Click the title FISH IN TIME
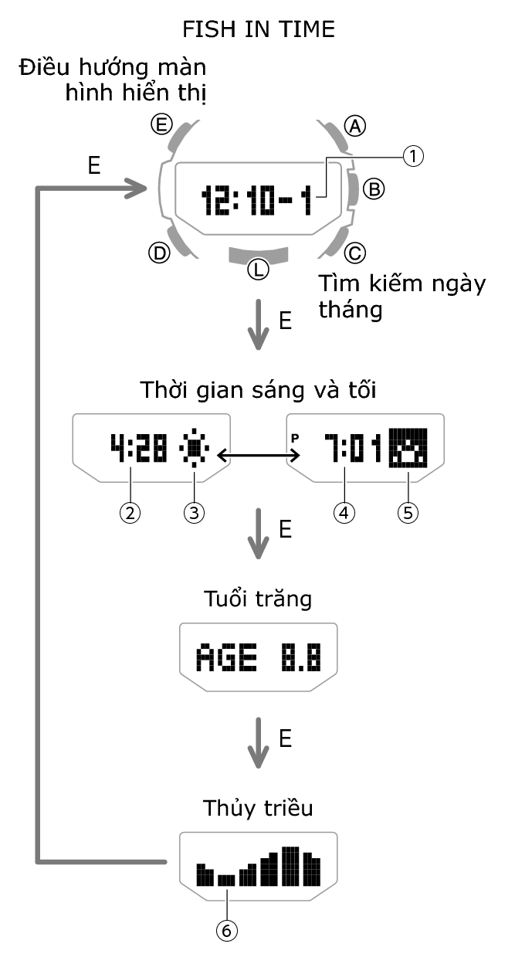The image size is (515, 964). pyautogui.click(x=258, y=30)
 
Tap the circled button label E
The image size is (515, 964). pyautogui.click(x=161, y=124)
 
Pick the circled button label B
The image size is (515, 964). pyautogui.click(x=373, y=188)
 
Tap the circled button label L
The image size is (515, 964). pyautogui.click(x=258, y=270)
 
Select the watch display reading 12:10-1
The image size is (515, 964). pyautogui.click(x=256, y=201)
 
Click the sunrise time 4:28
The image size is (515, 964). pyautogui.click(x=138, y=449)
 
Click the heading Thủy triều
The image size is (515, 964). pyautogui.click(x=258, y=808)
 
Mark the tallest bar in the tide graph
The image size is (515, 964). pyautogui.click(x=290, y=866)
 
